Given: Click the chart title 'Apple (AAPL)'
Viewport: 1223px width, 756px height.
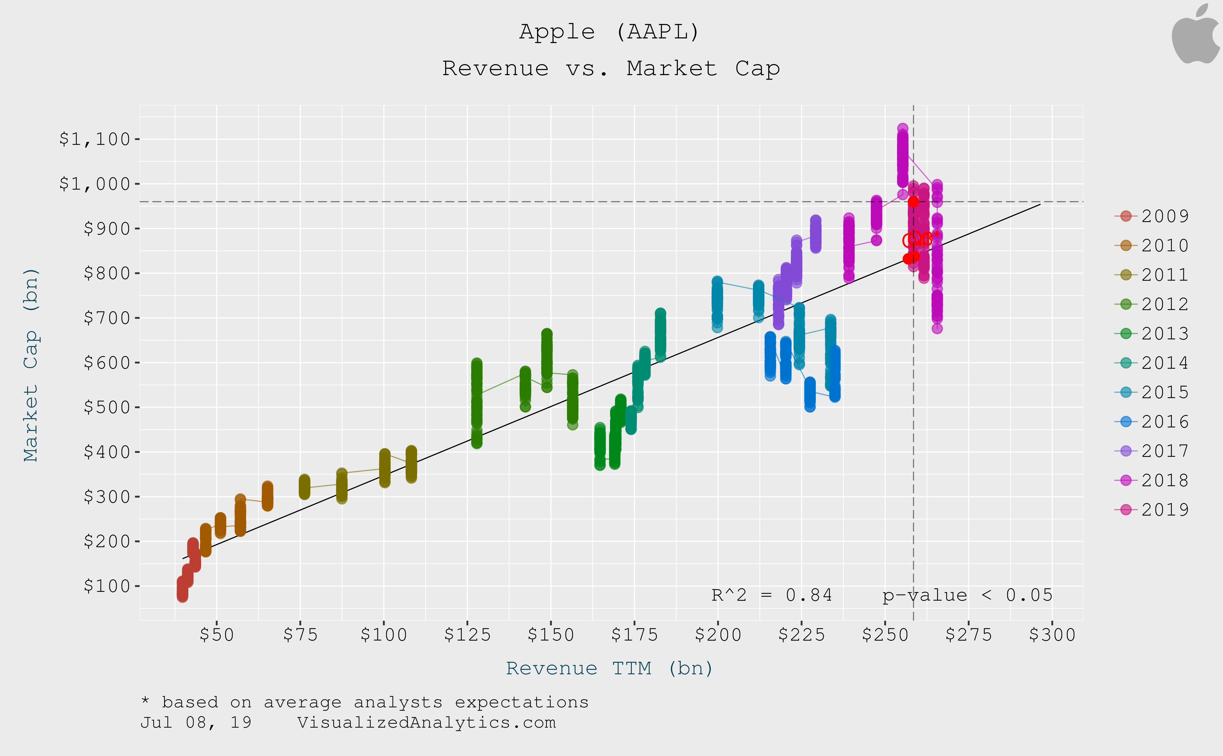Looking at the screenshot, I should tap(610, 32).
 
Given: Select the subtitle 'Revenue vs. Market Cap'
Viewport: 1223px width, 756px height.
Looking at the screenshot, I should tap(611, 69).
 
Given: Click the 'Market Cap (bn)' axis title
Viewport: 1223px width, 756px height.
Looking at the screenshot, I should tap(31, 365).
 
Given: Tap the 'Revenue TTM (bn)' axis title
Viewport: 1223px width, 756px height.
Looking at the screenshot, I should tap(610, 668).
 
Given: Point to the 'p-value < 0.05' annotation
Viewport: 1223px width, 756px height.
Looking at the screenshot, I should tap(967, 595).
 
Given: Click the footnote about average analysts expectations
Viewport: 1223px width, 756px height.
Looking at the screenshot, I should tap(365, 702).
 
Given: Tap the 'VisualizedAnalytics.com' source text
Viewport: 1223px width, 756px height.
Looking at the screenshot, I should tap(426, 722).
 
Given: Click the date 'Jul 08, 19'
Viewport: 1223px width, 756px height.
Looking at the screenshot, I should tap(196, 722).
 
